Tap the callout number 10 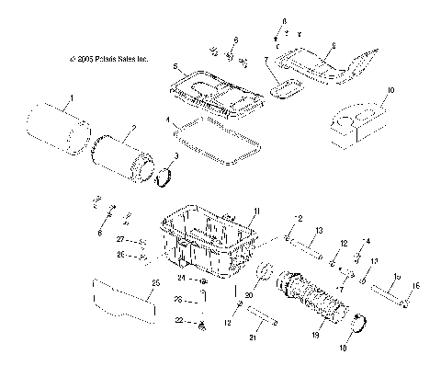click(390, 91)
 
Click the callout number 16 click(419, 287)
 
